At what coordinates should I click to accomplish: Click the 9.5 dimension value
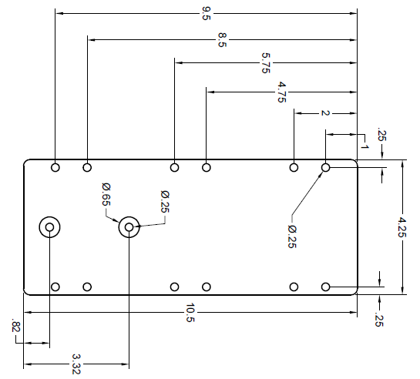click(x=207, y=13)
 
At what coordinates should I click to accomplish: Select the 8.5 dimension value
click(x=222, y=40)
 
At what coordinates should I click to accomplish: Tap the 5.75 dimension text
click(x=266, y=63)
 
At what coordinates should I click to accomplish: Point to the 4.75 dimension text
click(x=281, y=92)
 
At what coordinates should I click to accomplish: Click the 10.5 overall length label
click(x=190, y=313)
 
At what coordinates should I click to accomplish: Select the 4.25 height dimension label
click(x=402, y=227)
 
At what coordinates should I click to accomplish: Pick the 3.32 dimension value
click(x=76, y=364)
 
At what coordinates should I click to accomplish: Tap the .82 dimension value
click(x=16, y=325)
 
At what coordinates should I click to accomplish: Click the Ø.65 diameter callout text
click(x=106, y=194)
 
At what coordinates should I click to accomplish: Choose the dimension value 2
click(x=325, y=113)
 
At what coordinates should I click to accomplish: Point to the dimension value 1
click(x=365, y=146)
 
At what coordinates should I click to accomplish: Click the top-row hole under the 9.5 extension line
click(x=55, y=168)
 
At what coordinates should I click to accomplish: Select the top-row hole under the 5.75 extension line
click(x=174, y=168)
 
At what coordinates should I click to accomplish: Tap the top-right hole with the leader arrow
click(x=325, y=168)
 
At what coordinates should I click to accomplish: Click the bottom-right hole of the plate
click(x=325, y=287)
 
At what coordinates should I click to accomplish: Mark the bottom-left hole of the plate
click(x=55, y=287)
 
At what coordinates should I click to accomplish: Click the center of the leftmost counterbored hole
click(x=49, y=227)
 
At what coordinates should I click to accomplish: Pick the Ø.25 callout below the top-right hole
click(x=292, y=236)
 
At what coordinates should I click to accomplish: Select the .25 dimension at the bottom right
click(x=379, y=320)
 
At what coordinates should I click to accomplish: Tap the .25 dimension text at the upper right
click(x=381, y=135)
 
